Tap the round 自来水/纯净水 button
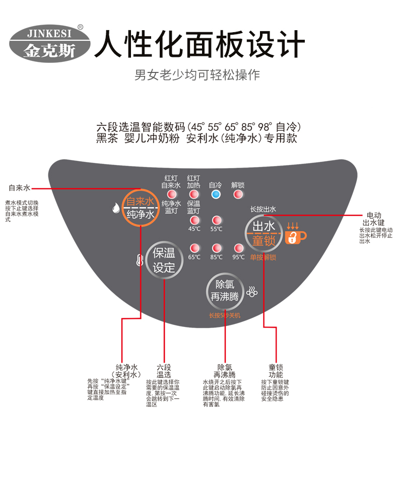click(x=141, y=208)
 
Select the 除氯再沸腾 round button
click(x=226, y=290)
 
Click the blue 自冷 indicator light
click(x=216, y=195)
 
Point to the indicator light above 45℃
click(x=194, y=220)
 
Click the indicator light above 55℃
click(x=216, y=220)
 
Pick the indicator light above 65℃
click(x=194, y=248)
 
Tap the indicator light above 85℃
click(x=216, y=248)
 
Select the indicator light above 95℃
click(x=238, y=248)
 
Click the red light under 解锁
click(x=238, y=195)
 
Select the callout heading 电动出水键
click(x=373, y=218)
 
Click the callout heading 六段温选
click(x=164, y=371)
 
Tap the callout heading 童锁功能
click(x=276, y=371)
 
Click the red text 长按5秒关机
click(x=225, y=315)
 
